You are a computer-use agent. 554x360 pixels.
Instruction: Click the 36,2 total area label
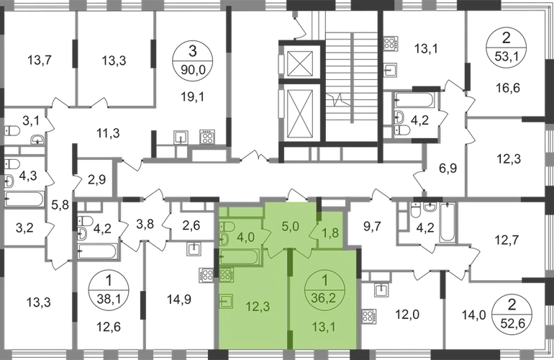(x=324, y=294)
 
